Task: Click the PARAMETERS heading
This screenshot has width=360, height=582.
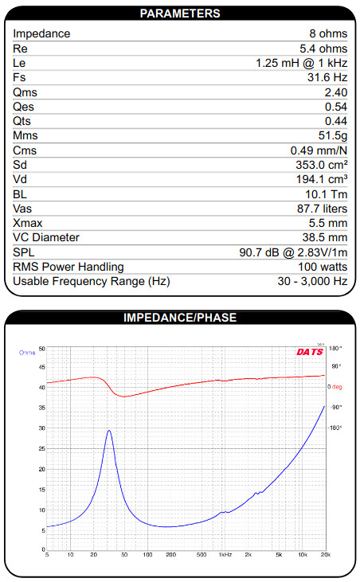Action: pos(180,14)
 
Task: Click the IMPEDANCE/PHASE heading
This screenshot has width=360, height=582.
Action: pos(180,318)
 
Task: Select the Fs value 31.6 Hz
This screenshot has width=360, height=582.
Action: pos(327,77)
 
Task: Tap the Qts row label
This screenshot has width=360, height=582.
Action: pos(22,121)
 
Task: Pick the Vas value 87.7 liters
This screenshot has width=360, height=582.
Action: pos(322,209)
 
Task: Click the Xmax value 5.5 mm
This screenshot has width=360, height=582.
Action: pos(328,223)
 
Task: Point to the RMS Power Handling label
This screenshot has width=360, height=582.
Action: pos(68,267)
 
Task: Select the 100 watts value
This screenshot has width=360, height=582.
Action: pos(323,267)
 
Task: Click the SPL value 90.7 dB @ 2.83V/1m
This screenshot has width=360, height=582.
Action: pos(293,252)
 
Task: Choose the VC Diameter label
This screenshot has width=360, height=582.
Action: pos(46,237)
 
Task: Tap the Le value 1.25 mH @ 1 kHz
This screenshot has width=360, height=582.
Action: pos(301,63)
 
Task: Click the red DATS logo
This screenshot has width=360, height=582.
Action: pos(310,351)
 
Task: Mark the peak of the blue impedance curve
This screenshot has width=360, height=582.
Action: pos(109,431)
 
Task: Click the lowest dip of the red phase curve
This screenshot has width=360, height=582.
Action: pos(124,396)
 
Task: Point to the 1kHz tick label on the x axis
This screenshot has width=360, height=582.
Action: pos(225,555)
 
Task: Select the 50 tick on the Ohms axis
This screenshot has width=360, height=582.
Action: pos(42,349)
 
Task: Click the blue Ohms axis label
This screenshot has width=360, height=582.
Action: pos(27,352)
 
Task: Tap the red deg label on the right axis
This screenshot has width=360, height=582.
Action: pos(337,387)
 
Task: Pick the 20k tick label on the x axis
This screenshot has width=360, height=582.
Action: pos(326,555)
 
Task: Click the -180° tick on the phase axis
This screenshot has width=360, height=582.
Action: pos(335,428)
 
